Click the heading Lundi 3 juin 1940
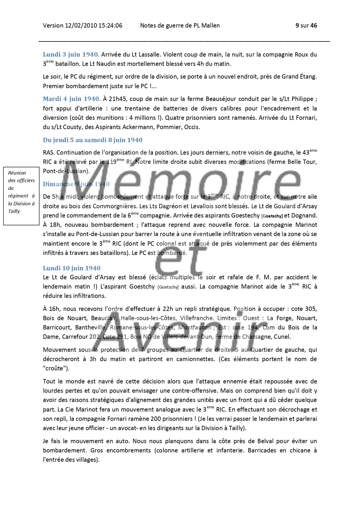click(x=71, y=55)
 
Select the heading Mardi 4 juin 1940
click(x=72, y=99)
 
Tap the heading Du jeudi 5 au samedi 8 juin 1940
click(x=93, y=140)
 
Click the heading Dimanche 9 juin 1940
click(x=76, y=184)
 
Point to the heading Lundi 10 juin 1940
click(x=72, y=268)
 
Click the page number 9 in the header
click(x=297, y=26)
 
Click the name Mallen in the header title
click(x=211, y=26)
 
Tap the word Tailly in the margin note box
click(x=14, y=211)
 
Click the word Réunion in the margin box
click(x=17, y=173)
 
